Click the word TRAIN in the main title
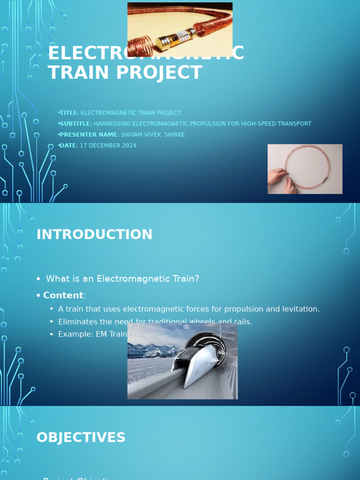[75, 73]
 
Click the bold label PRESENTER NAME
[88, 135]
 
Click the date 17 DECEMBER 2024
[108, 145]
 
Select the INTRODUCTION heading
[94, 234]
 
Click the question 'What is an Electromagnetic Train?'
[122, 279]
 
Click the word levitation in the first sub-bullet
[300, 309]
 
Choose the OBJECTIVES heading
[81, 437]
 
